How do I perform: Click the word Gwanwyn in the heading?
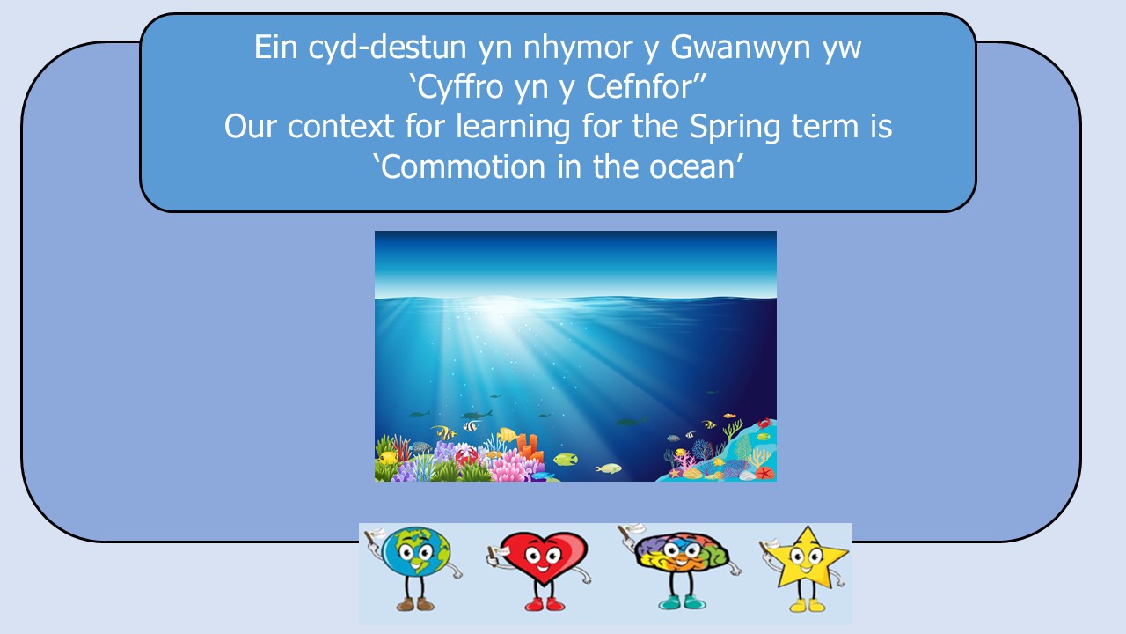(x=741, y=48)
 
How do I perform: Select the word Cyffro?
(x=460, y=87)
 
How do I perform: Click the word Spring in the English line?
(x=735, y=127)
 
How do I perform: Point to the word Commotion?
(x=463, y=166)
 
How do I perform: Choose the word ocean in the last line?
(x=691, y=167)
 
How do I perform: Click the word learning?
(x=512, y=127)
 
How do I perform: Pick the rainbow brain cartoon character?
(x=678, y=566)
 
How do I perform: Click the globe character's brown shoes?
(x=414, y=604)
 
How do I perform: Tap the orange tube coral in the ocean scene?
(x=530, y=446)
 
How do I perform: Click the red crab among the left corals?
(x=466, y=455)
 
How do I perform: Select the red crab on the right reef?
(x=764, y=423)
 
